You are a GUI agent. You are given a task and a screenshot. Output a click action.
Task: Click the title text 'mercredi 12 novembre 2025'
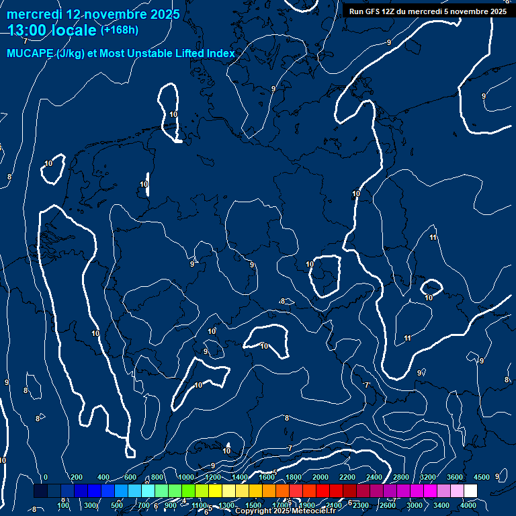[93, 14]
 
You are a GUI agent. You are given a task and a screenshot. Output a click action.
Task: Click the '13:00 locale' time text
[52, 30]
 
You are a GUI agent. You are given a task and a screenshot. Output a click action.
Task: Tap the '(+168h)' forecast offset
[119, 30]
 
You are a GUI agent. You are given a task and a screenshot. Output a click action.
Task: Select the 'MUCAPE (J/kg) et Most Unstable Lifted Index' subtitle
[121, 53]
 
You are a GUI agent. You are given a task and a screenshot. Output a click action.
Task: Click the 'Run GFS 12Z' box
[428, 11]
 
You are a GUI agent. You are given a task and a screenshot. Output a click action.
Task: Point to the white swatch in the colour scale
[470, 491]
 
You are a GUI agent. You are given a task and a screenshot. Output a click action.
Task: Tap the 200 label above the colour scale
[77, 477]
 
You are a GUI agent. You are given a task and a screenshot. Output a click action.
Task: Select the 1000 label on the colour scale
[186, 477]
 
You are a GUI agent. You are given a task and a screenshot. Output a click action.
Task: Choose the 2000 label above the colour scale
[320, 477]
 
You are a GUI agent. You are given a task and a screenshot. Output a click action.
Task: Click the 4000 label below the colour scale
[468, 505]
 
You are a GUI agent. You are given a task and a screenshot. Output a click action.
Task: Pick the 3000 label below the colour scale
[415, 505]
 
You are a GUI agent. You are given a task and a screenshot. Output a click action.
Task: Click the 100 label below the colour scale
[63, 505]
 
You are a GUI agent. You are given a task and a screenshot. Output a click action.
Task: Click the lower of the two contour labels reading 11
[407, 338]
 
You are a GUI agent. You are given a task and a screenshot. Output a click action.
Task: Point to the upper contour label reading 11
[433, 238]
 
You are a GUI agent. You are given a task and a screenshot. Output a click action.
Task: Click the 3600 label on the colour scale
[455, 477]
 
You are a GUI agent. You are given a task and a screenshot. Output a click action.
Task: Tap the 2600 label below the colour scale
[388, 505]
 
